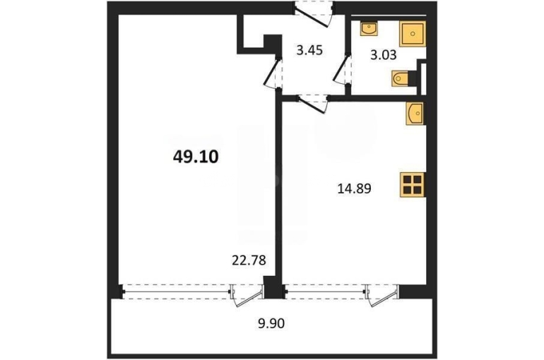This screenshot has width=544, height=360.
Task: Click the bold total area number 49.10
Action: [196, 157]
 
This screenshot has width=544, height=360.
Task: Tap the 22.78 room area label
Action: [249, 260]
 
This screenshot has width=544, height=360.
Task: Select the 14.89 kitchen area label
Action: [354, 189]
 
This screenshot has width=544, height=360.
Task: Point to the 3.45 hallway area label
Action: [309, 50]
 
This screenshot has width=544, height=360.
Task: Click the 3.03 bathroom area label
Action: [383, 55]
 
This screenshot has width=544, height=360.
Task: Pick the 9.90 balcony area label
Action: [271, 323]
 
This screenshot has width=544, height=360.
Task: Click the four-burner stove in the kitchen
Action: [413, 185]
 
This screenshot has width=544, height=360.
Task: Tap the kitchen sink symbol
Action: [415, 113]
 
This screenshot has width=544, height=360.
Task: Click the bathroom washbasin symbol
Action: [369, 29]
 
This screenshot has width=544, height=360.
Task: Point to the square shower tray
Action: [412, 34]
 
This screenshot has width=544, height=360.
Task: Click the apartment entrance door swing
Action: [314, 16]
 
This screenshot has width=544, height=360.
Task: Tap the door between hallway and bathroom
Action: [343, 69]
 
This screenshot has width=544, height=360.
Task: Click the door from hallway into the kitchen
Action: [312, 104]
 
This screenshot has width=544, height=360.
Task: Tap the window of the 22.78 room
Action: [175, 291]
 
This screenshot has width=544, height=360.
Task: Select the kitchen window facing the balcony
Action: [325, 291]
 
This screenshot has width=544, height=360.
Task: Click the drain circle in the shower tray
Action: [413, 34]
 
